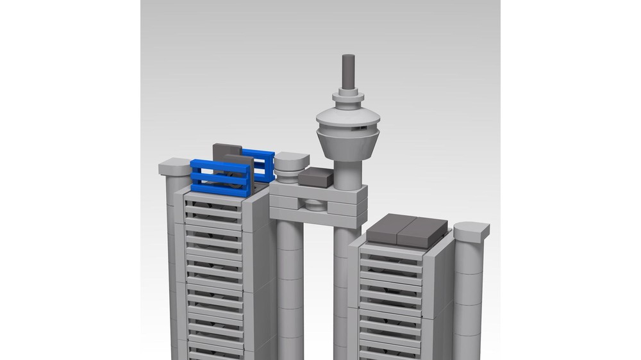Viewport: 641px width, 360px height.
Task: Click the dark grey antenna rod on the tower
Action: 348,72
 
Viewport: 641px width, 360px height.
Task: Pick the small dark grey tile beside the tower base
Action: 315,177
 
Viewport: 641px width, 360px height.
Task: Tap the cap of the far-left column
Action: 174,168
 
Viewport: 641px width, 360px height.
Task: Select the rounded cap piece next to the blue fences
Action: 292,163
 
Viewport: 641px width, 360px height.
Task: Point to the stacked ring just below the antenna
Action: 348,97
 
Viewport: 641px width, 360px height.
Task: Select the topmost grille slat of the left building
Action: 213,201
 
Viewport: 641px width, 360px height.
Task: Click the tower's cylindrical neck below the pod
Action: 349,172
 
